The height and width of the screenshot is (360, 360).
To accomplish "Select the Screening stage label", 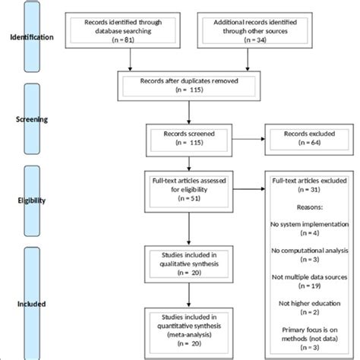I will coord(31,119).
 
